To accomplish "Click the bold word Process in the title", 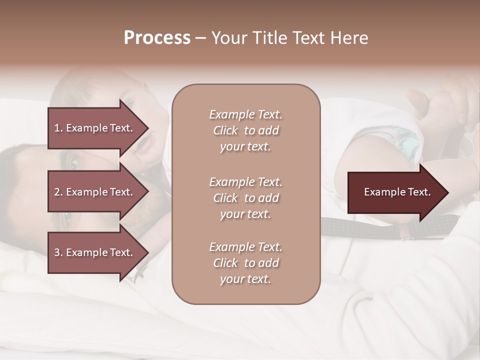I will pyautogui.click(x=157, y=38).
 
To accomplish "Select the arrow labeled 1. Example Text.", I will pyautogui.click(x=95, y=128).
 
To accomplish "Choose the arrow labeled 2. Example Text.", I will pyautogui.click(x=95, y=192).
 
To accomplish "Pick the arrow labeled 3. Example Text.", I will pyautogui.click(x=95, y=252).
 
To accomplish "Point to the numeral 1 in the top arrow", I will pyautogui.click(x=57, y=128).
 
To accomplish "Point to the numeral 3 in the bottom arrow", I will pyautogui.click(x=57, y=252).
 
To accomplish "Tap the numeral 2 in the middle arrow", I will pyautogui.click(x=57, y=192).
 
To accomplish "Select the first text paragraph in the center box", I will pyautogui.click(x=245, y=130).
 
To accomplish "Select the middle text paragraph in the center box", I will pyautogui.click(x=245, y=198).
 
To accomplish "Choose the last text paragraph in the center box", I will pyautogui.click(x=245, y=263).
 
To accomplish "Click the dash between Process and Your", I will pyautogui.click(x=200, y=38).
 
